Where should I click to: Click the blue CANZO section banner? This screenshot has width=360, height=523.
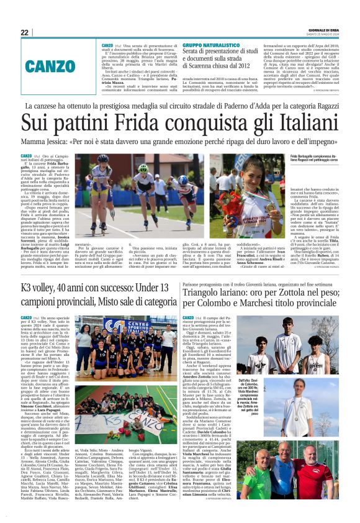point(59,65)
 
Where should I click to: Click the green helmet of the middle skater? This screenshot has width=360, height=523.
point(143,167)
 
